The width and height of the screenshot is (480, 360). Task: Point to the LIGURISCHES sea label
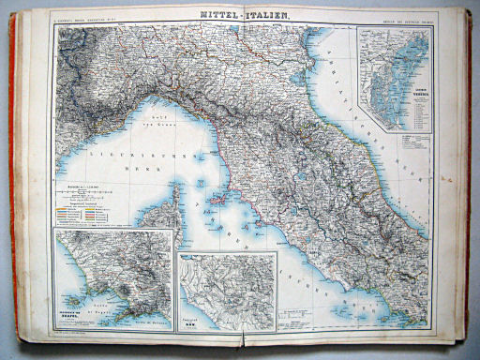click(103, 146)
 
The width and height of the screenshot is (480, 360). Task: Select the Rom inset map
click(228, 291)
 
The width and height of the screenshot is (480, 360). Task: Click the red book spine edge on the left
click(13, 187)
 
